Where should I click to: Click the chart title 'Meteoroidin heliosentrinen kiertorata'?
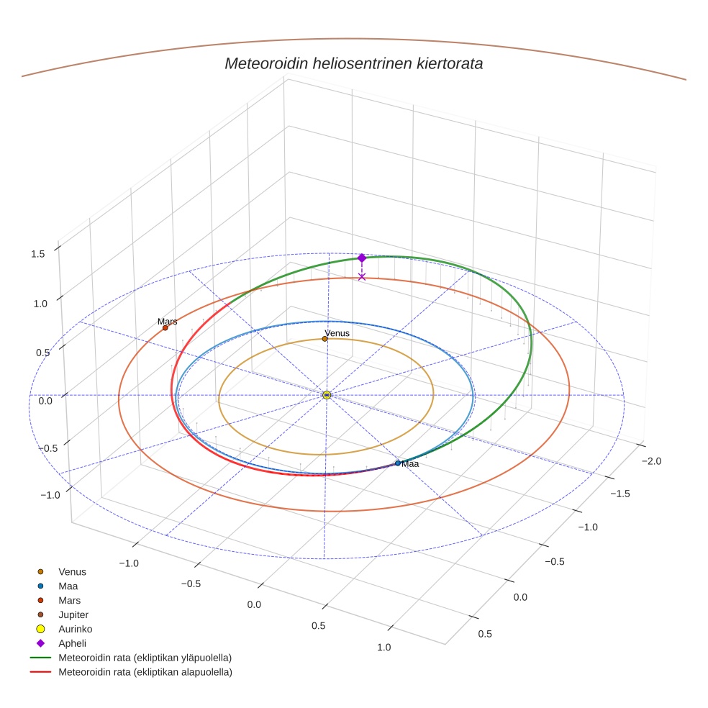353,63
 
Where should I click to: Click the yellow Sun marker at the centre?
327,395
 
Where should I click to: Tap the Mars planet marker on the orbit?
165,328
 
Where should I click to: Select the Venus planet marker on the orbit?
325,339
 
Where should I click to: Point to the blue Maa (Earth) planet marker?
398,463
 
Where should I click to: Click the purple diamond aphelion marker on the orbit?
362,258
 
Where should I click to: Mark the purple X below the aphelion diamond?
362,277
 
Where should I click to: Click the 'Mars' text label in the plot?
168,322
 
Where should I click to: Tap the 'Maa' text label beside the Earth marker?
410,465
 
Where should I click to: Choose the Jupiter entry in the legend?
73,614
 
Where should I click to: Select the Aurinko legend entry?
75,629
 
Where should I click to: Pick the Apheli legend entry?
72,643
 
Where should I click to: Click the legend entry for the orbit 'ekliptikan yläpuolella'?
145,658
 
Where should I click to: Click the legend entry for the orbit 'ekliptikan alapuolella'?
145,672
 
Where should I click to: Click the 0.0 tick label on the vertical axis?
45,401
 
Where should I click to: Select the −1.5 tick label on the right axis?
620,494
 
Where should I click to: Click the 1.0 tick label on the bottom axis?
383,647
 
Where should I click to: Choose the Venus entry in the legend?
72,572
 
